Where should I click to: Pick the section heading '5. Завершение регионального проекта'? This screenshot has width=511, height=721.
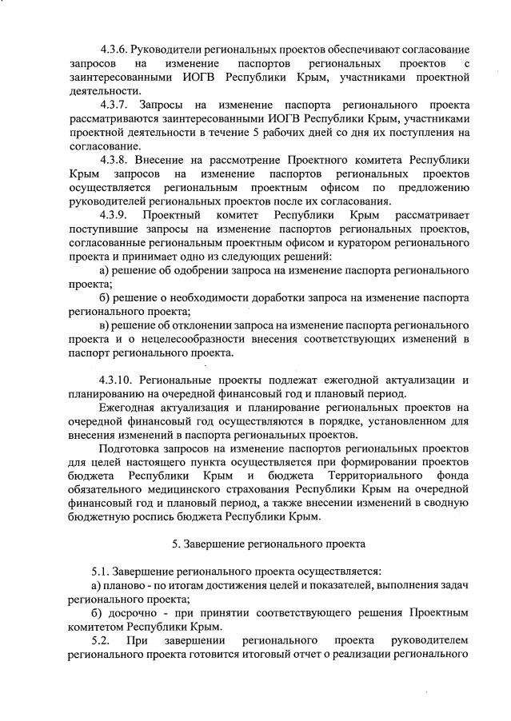pyautogui.click(x=269, y=544)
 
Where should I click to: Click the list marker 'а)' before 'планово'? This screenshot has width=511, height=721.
pyautogui.click(x=97, y=586)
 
